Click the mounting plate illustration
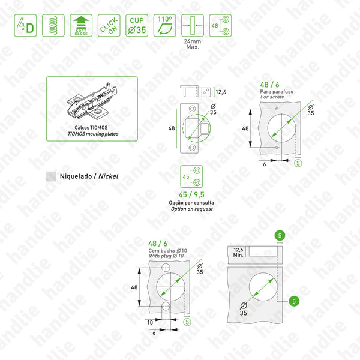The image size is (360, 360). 94,103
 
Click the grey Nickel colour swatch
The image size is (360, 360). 52,176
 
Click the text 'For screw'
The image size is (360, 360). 271,97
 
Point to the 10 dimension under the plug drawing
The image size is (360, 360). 150,321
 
